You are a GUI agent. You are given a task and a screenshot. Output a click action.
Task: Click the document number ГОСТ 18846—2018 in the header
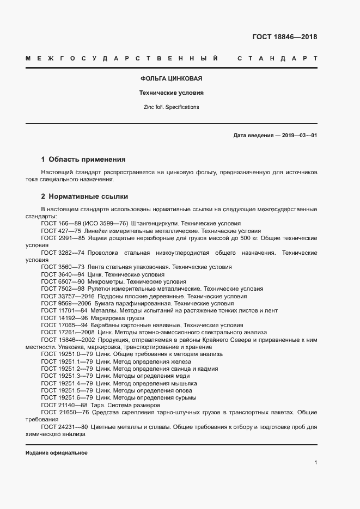[x=284, y=37]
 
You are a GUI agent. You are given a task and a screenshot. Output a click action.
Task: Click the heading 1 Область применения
[x=83, y=160]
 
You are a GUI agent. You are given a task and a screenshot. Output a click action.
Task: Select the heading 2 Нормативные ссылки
[x=84, y=196]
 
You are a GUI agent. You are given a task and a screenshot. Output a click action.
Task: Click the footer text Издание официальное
[x=57, y=453]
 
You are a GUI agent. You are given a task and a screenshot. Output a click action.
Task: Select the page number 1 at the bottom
[x=315, y=463]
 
